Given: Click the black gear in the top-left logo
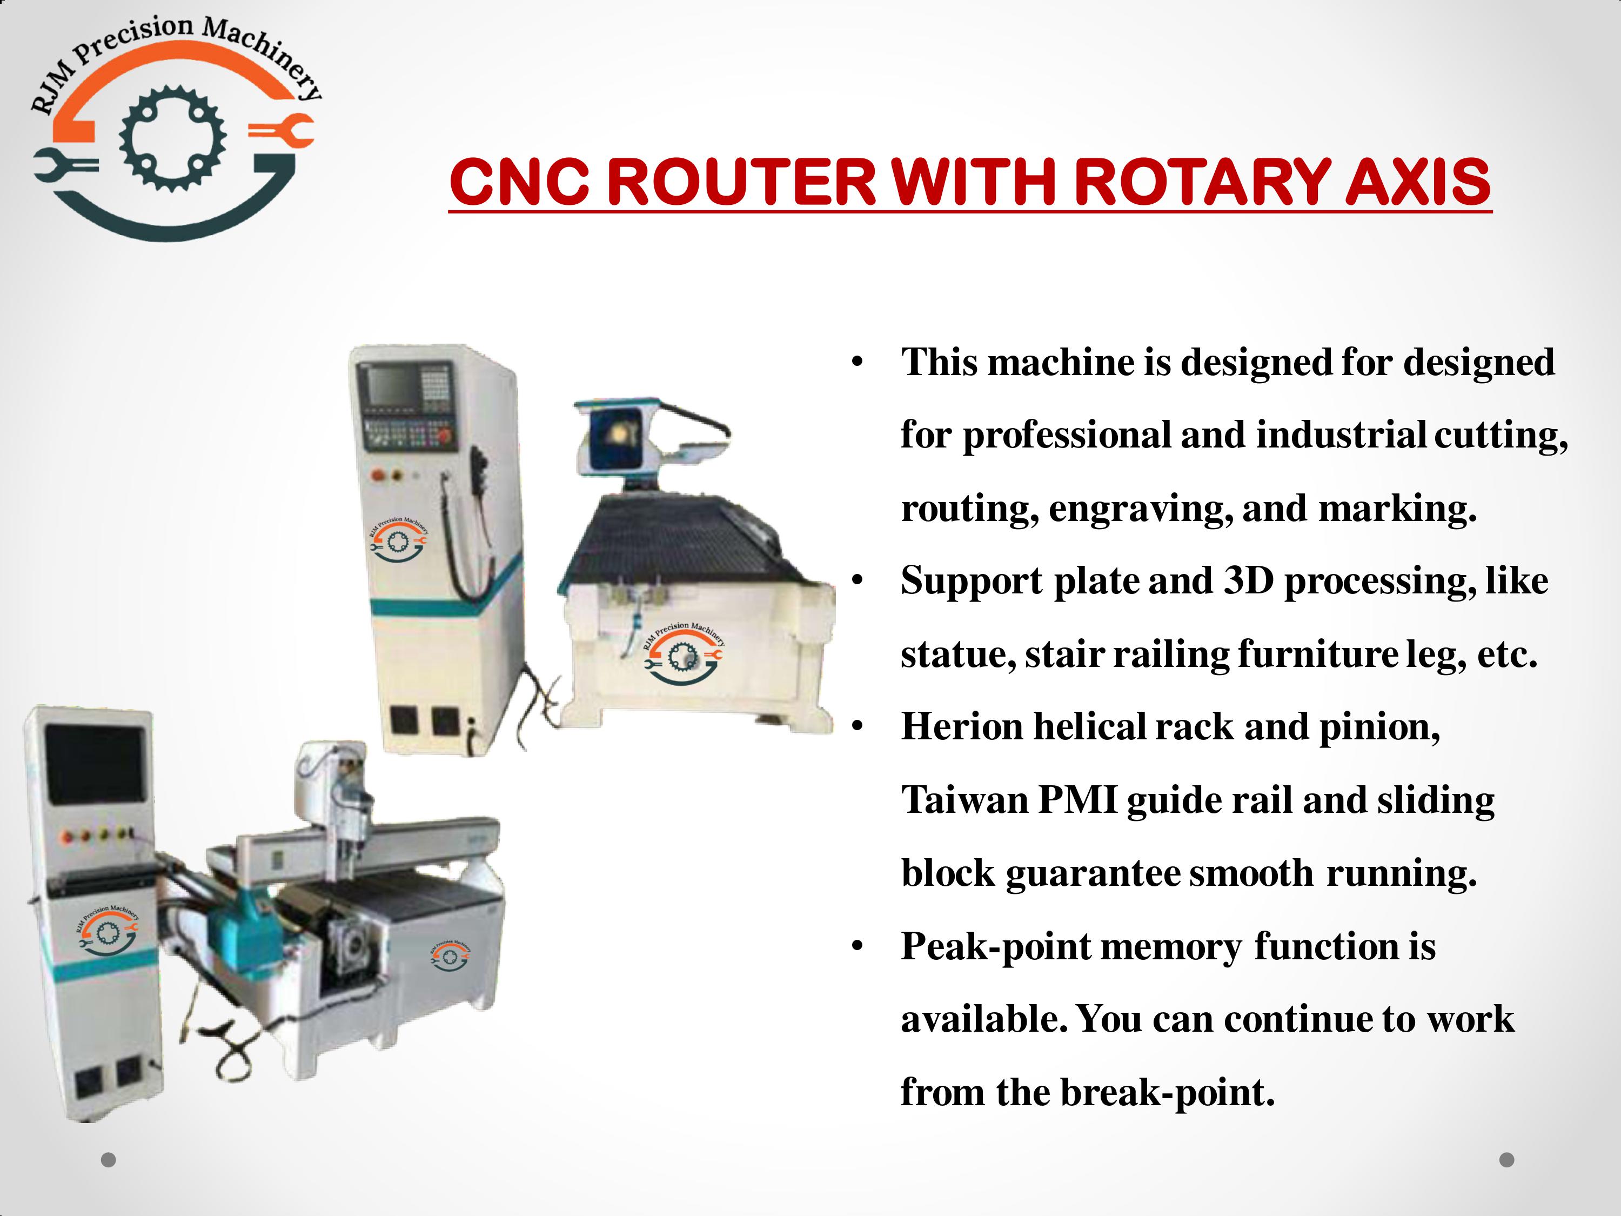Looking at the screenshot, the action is [x=173, y=138].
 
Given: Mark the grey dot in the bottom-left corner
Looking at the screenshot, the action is [x=109, y=1160].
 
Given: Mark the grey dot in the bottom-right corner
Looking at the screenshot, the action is [x=1506, y=1160].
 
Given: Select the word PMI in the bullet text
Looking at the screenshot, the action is [x=1077, y=800].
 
